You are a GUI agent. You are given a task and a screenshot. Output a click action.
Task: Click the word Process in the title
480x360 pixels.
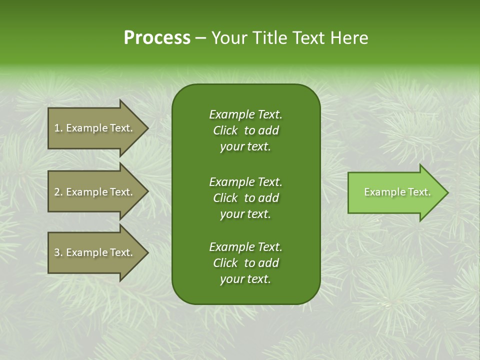pos(157,38)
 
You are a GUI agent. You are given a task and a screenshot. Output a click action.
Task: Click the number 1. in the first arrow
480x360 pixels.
pos(58,128)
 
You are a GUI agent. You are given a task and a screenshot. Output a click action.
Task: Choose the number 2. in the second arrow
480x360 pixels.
pos(58,192)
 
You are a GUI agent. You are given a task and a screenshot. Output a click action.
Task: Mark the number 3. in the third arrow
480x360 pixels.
pos(58,252)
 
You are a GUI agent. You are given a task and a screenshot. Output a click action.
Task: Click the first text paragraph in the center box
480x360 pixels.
pos(245,130)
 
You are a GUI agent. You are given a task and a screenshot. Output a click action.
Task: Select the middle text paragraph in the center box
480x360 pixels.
pos(245,197)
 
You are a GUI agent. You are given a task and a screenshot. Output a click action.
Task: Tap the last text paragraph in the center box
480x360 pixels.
pos(245,263)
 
